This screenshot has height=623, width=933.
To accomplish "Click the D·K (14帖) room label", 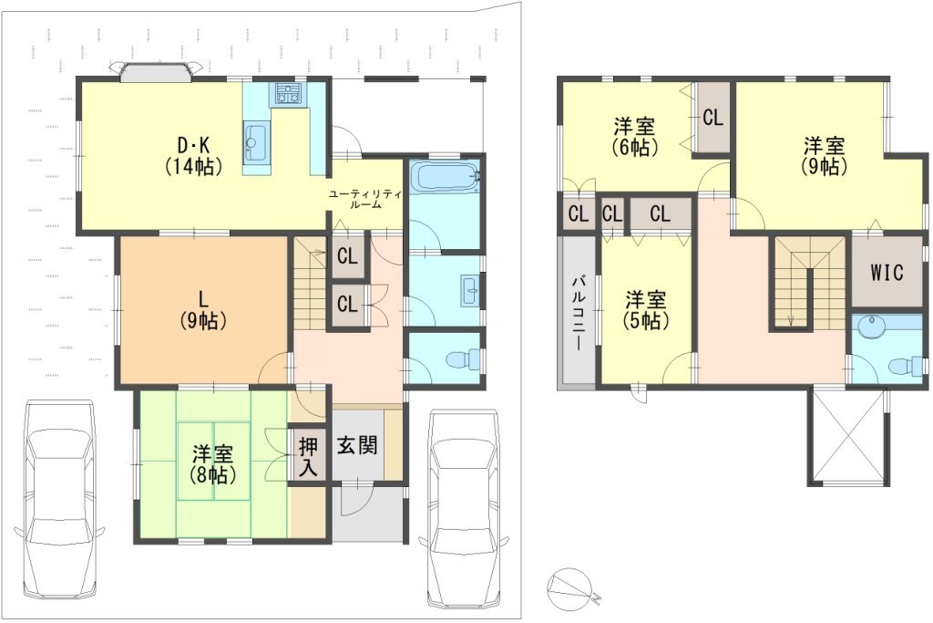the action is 193,155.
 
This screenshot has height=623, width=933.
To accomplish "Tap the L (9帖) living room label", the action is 203,310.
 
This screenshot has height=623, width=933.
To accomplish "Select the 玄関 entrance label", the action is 357,445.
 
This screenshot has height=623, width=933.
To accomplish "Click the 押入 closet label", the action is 308,457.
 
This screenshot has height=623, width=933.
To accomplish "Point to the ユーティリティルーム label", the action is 365,199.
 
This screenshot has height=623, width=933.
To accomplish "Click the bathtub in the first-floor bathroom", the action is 445,177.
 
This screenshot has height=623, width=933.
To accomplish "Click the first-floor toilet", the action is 464,359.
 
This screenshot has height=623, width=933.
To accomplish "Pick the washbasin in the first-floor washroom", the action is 470,291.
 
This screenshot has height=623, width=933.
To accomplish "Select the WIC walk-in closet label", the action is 886,272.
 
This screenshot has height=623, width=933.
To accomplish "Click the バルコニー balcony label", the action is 578,314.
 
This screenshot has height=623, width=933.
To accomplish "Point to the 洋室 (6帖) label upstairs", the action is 635,138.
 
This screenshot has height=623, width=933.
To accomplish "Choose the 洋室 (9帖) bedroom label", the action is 824,155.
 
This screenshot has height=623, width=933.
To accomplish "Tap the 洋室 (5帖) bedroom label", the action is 646,310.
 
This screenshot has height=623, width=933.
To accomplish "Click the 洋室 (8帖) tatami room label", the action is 212,464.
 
